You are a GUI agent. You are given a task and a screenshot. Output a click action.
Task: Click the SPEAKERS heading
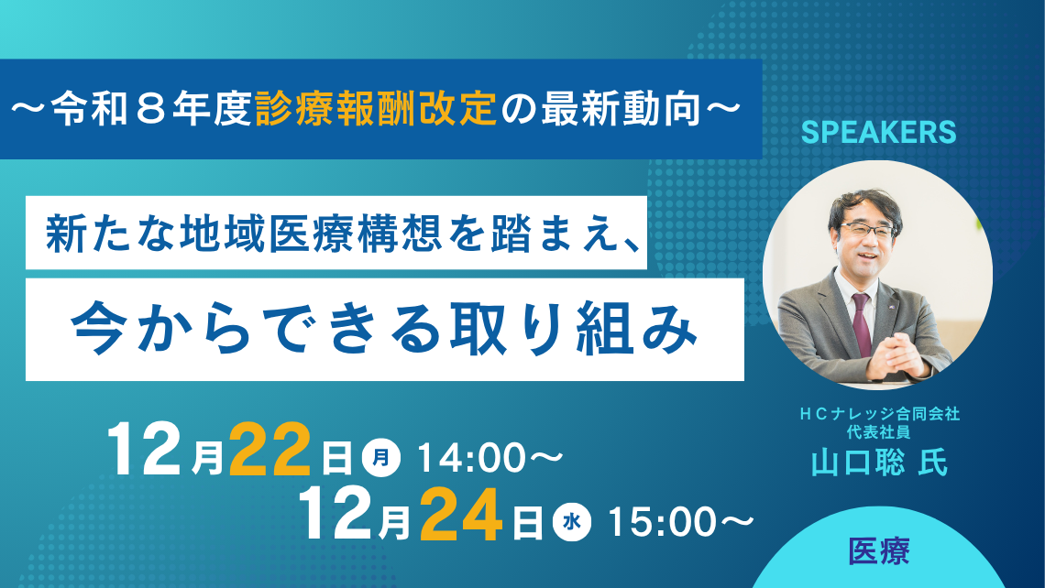click(x=878, y=132)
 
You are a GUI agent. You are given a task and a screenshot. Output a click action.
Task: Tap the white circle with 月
click(x=381, y=455)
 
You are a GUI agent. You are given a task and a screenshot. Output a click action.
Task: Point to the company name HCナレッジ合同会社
click(x=878, y=414)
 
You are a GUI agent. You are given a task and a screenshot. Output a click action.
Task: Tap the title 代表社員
click(x=877, y=432)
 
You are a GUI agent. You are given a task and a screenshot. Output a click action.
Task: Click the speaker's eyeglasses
click(x=867, y=230)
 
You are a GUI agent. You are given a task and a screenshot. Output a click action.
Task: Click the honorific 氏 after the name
click(x=930, y=463)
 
